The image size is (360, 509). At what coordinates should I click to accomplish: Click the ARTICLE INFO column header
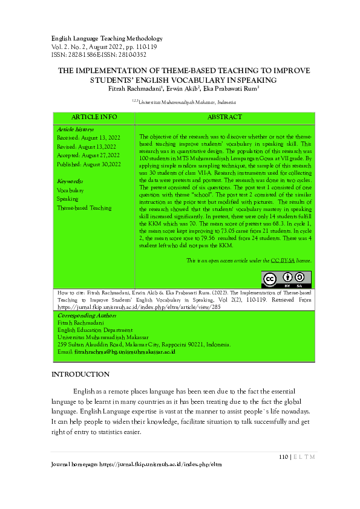point(94,117)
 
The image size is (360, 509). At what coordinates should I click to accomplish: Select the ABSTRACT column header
point(224,117)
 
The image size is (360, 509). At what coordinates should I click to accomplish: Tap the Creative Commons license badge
point(286,279)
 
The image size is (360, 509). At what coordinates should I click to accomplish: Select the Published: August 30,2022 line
point(88,164)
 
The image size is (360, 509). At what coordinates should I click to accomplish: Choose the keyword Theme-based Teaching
point(83,208)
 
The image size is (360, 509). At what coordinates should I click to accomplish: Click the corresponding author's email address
point(124,352)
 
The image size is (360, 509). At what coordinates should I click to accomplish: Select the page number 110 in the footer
point(284,456)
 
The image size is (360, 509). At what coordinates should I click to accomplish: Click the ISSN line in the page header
point(99,54)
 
